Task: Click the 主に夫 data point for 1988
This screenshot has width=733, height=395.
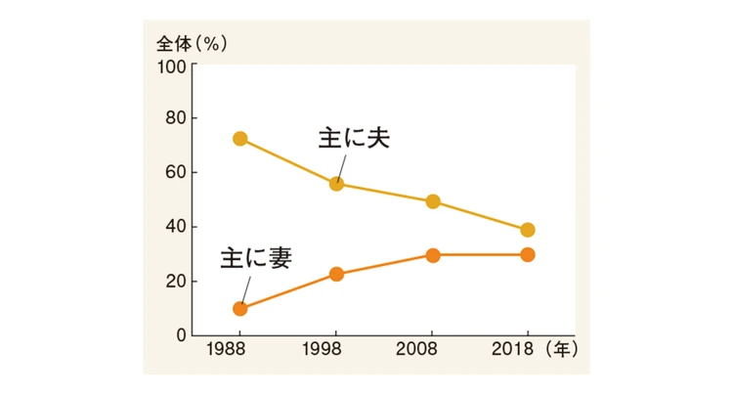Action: point(239,139)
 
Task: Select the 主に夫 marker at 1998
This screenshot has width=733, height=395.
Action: point(336,184)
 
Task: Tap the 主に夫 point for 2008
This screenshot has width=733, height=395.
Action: point(432,201)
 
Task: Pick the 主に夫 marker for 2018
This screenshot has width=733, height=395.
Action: point(528,230)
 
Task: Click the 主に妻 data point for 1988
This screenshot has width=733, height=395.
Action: point(239,309)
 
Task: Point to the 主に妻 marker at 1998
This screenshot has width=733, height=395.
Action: point(336,274)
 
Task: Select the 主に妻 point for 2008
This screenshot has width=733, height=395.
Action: point(432,255)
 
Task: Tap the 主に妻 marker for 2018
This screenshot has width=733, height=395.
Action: point(528,255)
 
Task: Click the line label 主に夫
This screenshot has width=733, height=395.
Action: point(354,138)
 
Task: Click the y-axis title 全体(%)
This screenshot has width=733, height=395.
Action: point(192,44)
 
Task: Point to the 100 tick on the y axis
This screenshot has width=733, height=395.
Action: point(172,66)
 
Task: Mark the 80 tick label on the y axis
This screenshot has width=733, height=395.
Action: point(176,119)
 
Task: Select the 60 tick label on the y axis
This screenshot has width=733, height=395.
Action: point(176,173)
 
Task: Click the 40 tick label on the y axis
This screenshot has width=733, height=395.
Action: point(176,227)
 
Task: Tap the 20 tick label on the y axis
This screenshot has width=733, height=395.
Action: point(176,282)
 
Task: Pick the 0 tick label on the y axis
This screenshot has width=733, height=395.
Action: point(181,335)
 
